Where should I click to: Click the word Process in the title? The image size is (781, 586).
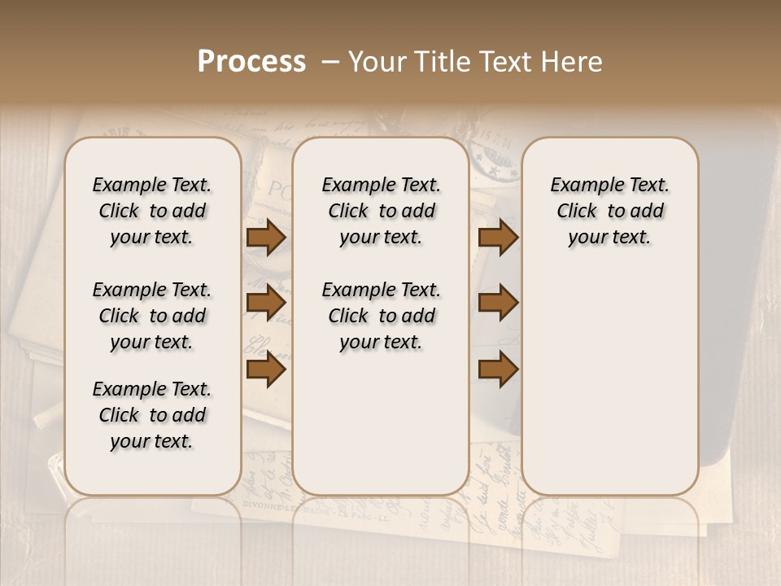251,62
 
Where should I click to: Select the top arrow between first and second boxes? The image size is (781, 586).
266,238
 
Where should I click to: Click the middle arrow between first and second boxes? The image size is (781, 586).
266,304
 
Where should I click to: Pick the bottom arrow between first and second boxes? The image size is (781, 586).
266,370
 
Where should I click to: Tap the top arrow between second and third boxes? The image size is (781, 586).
498,238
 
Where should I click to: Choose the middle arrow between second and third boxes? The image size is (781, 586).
498,304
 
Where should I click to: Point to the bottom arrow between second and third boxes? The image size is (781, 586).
498,370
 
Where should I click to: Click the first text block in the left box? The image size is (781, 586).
152,211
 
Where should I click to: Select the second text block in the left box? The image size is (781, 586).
152,316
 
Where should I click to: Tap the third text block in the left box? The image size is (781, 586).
152,415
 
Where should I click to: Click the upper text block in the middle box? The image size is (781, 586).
382,211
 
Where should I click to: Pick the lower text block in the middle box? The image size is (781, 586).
382,316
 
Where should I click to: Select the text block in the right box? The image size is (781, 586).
610,211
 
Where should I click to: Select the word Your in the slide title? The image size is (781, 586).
376,62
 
